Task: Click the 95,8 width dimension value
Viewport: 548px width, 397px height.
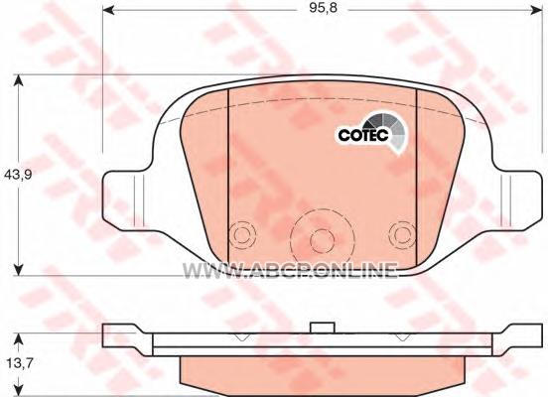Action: click(323, 8)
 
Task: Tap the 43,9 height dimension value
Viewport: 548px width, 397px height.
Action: click(18, 174)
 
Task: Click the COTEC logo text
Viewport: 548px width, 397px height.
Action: click(363, 135)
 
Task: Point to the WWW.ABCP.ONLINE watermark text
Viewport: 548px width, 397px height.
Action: click(290, 270)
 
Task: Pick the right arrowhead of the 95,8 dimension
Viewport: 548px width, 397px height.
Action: click(536, 11)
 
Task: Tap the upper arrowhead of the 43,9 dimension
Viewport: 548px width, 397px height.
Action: click(18, 81)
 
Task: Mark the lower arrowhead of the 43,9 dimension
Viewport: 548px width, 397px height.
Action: click(18, 269)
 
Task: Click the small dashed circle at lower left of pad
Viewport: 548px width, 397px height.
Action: click(241, 235)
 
